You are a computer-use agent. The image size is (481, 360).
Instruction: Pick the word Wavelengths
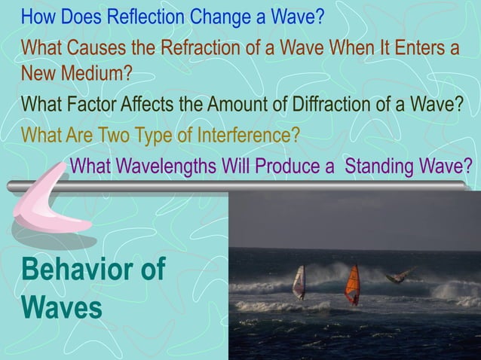[162, 165]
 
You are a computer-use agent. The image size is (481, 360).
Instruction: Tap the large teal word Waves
[62, 307]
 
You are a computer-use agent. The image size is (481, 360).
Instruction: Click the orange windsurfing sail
[352, 284]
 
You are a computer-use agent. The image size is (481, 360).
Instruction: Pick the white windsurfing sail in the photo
[299, 282]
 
